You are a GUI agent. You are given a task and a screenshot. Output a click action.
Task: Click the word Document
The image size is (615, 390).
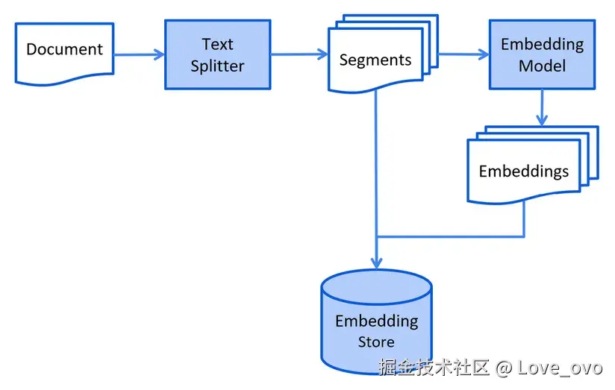64,49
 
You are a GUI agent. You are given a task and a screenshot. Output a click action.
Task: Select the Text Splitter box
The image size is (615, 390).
218,54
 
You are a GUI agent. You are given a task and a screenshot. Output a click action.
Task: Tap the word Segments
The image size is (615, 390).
375,60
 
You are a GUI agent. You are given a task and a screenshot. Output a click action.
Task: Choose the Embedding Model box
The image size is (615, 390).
542,54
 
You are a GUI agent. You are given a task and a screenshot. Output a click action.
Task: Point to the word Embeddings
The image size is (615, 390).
524,172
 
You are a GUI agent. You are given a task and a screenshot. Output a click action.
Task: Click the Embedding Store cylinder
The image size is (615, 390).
376,321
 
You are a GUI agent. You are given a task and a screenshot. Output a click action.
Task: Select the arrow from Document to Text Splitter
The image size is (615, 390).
140,54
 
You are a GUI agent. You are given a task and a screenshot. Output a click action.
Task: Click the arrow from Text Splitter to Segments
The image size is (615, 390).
299,54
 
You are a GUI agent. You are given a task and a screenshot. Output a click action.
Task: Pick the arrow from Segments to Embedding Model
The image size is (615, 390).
463,54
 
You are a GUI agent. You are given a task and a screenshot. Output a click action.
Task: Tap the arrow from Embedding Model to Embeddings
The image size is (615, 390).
542,107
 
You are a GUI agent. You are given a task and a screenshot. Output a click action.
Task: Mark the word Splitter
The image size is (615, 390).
217,66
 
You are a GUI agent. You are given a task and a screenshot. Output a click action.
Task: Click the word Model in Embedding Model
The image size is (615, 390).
542,66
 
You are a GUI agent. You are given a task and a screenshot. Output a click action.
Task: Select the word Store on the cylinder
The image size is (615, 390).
376,342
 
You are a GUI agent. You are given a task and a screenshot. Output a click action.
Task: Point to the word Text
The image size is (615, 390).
218,44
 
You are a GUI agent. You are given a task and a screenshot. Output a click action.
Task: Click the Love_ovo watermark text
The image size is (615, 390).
560,368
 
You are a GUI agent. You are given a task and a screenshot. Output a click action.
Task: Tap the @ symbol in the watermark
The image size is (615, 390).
504,368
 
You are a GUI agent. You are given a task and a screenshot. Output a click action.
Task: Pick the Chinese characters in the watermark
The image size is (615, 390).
434,368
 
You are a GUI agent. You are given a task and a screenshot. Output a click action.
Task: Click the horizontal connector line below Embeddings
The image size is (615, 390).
450,236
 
